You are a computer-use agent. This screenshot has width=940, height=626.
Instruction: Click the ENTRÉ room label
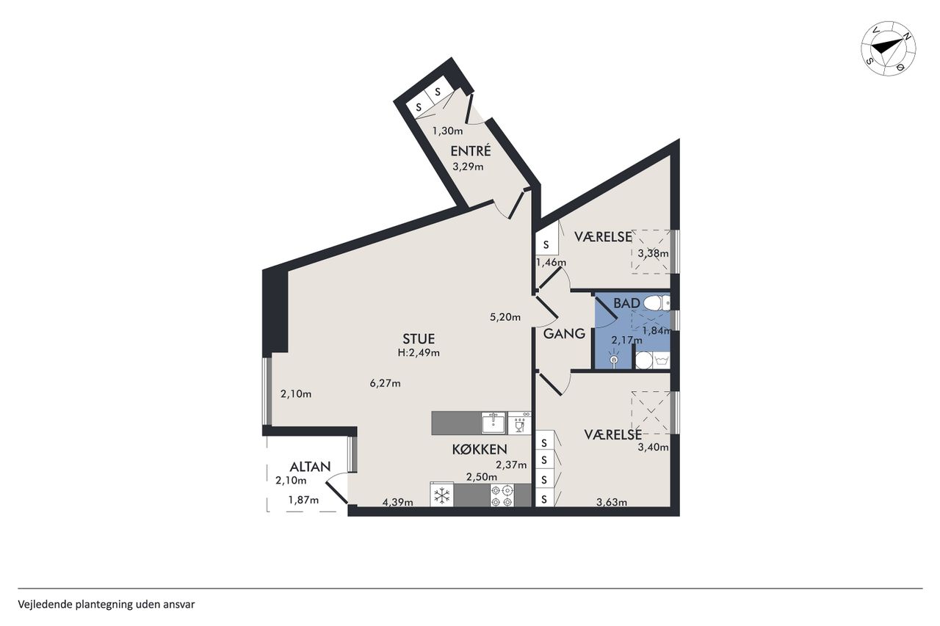(x=471, y=151)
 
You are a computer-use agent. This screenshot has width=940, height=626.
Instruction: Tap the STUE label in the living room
(x=419, y=338)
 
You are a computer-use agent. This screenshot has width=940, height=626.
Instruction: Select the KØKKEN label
(x=480, y=449)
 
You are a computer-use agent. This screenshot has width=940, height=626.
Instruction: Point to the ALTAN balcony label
(x=310, y=467)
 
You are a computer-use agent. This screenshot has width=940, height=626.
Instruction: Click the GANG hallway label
(x=564, y=334)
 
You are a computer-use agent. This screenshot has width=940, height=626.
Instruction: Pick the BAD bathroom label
(x=626, y=303)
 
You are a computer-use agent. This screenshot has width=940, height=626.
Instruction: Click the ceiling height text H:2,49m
(x=419, y=353)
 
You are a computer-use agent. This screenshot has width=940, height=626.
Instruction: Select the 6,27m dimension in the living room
(x=385, y=383)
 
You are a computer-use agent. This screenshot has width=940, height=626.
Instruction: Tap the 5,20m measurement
(x=505, y=317)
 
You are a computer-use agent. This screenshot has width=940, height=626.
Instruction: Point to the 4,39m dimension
(x=397, y=502)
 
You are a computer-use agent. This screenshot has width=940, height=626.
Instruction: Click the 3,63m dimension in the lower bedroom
(x=612, y=502)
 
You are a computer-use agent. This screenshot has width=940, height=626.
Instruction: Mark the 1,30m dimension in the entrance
(x=448, y=131)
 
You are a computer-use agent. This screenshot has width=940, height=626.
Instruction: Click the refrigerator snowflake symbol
(x=442, y=496)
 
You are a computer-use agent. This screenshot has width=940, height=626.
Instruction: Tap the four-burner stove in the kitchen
(x=502, y=495)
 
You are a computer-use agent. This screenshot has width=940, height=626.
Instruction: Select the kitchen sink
(x=493, y=423)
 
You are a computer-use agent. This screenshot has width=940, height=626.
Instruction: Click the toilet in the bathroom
(x=657, y=303)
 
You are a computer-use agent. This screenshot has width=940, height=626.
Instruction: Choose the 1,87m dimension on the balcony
(x=303, y=500)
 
